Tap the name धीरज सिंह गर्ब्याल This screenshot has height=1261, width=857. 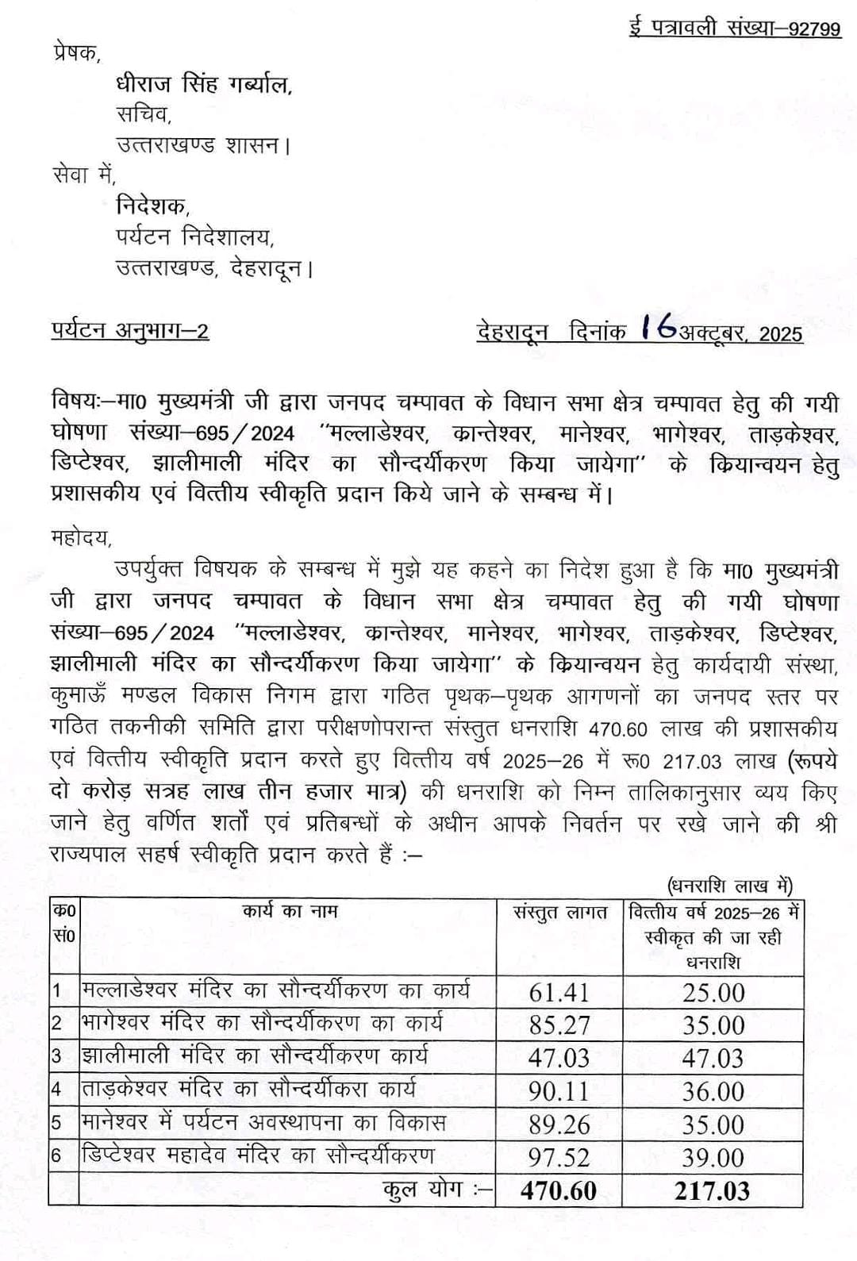(204, 84)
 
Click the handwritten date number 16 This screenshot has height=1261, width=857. (659, 327)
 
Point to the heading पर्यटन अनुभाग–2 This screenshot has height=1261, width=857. (130, 330)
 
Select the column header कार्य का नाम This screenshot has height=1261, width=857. (290, 911)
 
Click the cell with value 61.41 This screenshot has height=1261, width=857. (559, 993)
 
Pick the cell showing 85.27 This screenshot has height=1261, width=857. (559, 1025)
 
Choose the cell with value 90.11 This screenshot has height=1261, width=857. (559, 1092)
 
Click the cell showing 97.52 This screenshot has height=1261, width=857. (559, 1158)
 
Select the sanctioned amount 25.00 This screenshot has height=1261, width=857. (713, 993)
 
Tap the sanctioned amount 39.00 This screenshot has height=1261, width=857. (713, 1158)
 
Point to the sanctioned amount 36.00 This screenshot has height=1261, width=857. (713, 1092)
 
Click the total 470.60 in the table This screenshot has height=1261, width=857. (559, 1191)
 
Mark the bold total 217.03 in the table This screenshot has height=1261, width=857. (713, 1191)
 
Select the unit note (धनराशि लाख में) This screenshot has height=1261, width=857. (728, 886)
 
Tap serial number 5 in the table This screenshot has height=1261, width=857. (56, 1124)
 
